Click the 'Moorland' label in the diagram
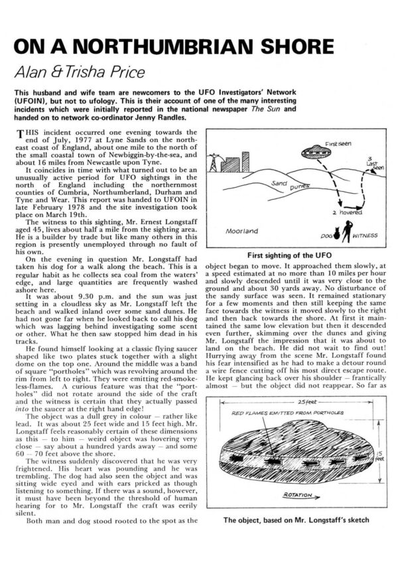[241, 232]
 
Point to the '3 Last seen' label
[375, 165]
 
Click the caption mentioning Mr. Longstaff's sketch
[295, 521]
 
